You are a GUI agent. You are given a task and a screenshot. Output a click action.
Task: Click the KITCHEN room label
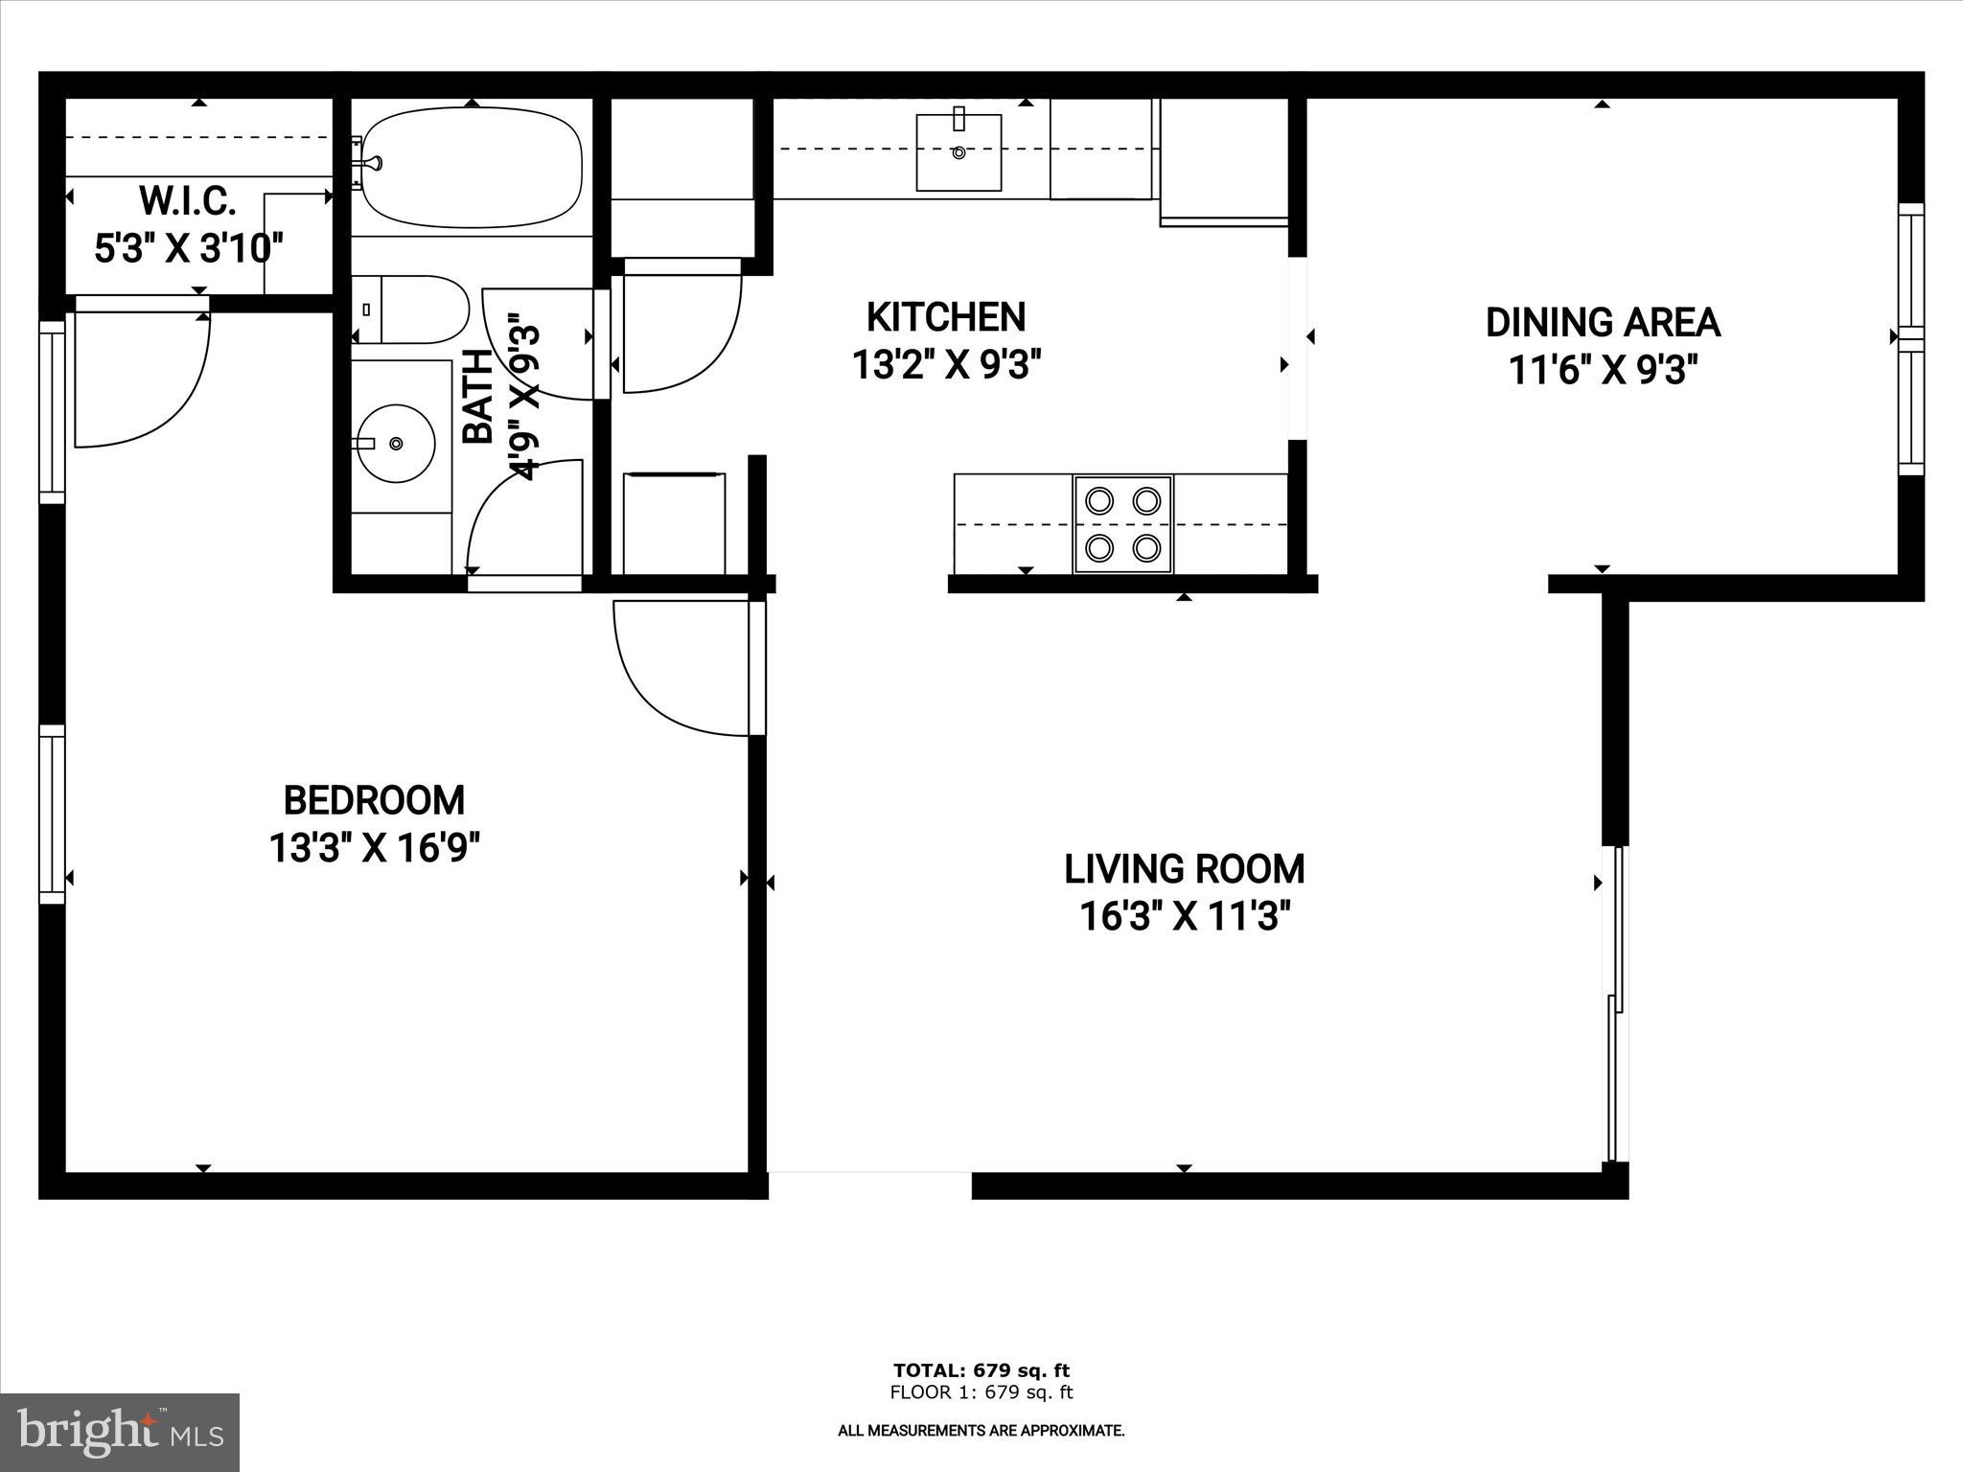945,317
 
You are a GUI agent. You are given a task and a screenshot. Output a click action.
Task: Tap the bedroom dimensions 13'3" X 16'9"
374,847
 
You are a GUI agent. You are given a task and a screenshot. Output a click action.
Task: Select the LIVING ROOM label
1184,869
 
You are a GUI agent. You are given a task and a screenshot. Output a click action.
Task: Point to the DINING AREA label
1603,323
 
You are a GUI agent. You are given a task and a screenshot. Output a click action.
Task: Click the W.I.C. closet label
188,201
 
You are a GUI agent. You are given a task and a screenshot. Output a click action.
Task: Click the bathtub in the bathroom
472,168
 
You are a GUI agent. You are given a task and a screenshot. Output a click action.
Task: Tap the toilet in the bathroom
412,310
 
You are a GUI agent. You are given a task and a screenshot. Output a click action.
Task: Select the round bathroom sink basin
399,443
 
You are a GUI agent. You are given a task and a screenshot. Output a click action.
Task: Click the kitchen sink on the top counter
958,151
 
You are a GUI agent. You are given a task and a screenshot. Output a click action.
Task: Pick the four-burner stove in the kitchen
1123,524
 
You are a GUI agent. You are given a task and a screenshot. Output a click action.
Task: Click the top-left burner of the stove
1099,500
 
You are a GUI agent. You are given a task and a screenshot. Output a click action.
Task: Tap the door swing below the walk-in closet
144,383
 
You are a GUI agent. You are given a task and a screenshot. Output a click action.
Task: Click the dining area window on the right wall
1911,339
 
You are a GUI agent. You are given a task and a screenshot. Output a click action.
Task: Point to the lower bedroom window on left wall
52,815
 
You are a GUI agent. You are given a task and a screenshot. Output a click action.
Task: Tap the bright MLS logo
119,1432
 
